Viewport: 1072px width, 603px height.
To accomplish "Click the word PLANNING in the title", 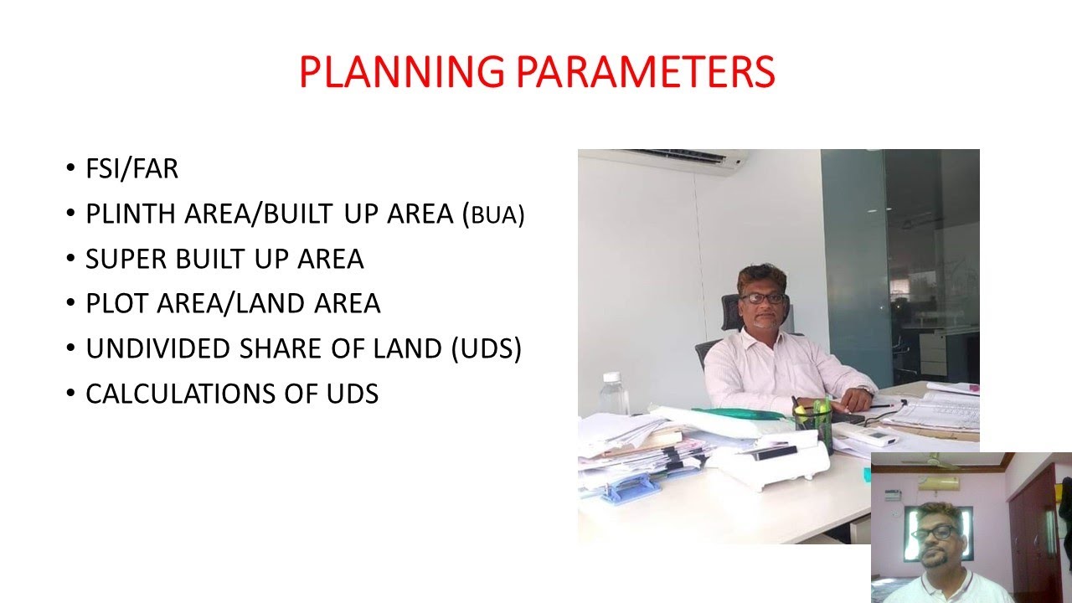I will (401, 72).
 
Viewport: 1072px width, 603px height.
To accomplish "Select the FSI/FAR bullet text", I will (131, 169).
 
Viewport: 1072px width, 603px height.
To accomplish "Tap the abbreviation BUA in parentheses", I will (497, 215).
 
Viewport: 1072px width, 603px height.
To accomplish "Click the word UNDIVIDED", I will (159, 348).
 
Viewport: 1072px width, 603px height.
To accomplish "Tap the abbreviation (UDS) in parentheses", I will (486, 348).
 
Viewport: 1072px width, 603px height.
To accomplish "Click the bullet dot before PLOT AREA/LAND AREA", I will (70, 304).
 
